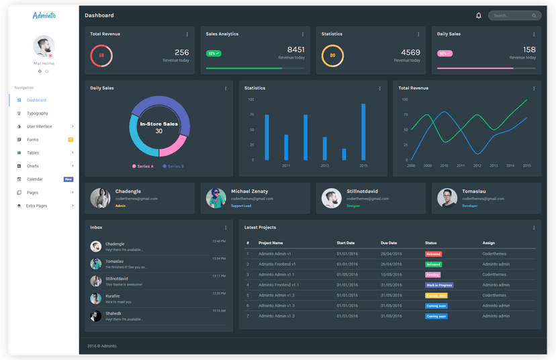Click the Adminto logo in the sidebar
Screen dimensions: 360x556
(44, 15)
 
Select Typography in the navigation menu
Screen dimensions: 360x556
(38, 114)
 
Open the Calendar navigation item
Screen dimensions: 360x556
(35, 179)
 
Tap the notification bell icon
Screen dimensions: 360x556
(479, 15)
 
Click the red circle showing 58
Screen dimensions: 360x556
(101, 56)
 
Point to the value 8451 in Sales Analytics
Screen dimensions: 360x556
(295, 50)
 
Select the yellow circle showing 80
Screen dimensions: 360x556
(332, 56)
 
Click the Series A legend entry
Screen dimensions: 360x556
(143, 166)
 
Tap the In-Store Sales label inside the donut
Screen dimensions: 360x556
(158, 124)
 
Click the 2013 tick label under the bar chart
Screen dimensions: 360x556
(325, 165)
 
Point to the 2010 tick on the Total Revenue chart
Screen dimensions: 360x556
(444, 165)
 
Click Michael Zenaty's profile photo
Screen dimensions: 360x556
(216, 198)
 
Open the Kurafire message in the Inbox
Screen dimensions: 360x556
(113, 296)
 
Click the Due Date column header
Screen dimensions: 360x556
(389, 243)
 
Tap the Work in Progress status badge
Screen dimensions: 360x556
(439, 285)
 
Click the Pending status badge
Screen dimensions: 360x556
(433, 275)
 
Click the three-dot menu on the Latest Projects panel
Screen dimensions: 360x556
(534, 228)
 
